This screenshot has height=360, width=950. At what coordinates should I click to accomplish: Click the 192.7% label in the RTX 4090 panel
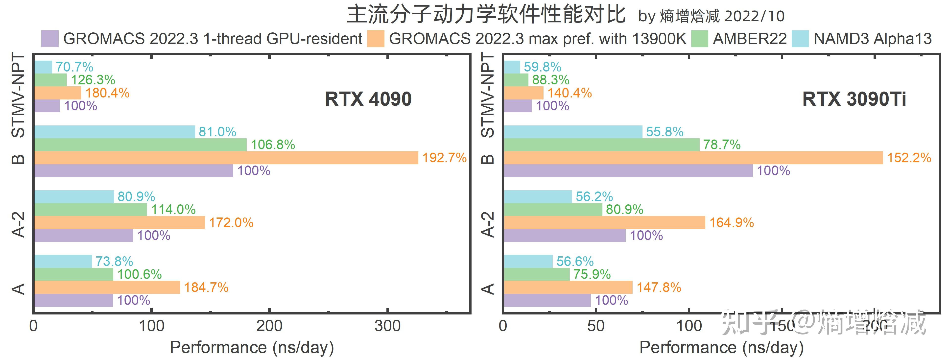(x=444, y=158)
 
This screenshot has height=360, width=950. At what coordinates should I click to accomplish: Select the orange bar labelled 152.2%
(x=693, y=158)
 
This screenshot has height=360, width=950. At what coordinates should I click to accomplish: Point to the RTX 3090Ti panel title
(x=854, y=99)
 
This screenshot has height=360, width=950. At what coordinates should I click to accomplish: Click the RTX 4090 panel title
(x=368, y=99)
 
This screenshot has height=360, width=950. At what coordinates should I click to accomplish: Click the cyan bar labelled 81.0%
(x=114, y=132)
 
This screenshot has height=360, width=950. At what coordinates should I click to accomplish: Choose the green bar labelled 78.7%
(x=601, y=144)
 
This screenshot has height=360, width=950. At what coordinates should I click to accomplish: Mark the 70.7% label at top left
(x=74, y=67)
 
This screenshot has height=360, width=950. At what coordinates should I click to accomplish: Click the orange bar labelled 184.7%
(x=107, y=287)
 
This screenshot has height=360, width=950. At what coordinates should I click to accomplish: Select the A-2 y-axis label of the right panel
(x=488, y=224)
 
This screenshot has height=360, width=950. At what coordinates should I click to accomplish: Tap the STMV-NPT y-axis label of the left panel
(x=19, y=95)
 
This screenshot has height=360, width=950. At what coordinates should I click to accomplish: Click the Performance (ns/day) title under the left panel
(x=252, y=347)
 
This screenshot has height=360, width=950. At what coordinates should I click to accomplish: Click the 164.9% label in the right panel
(x=732, y=223)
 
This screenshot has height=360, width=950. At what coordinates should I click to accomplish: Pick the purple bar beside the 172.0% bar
(x=83, y=235)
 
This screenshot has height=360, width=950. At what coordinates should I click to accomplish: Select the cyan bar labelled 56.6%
(x=528, y=261)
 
